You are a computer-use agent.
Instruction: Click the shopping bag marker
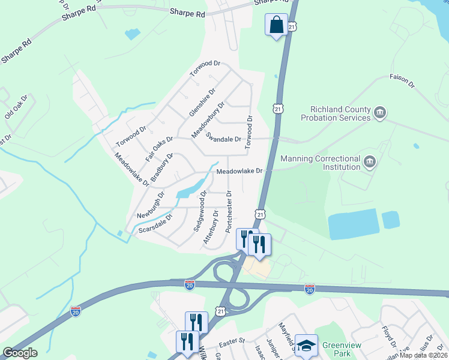point(276,26)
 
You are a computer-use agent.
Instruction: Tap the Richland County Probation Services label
point(340,113)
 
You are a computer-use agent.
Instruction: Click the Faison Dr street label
point(402,81)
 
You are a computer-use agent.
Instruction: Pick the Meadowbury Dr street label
point(208,119)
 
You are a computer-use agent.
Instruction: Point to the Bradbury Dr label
point(161,167)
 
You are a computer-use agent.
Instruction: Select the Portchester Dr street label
point(230,212)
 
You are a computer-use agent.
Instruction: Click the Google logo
point(20,353)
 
